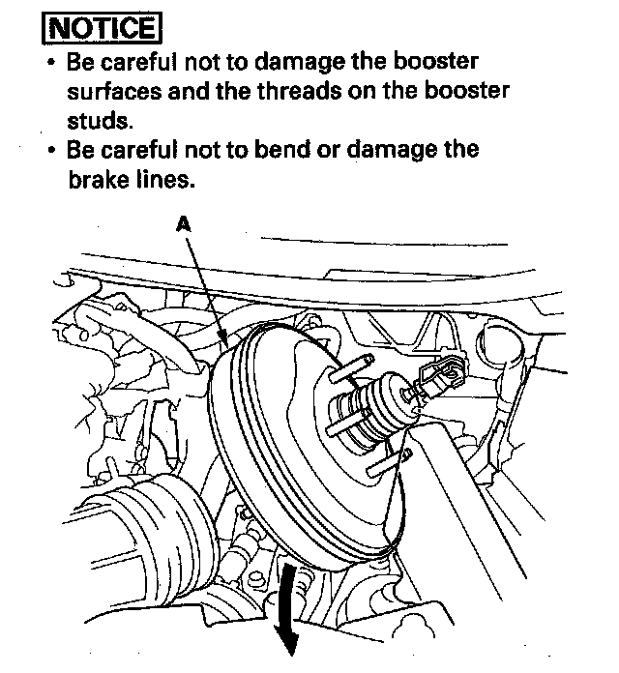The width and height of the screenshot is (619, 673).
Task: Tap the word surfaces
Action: (116, 92)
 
